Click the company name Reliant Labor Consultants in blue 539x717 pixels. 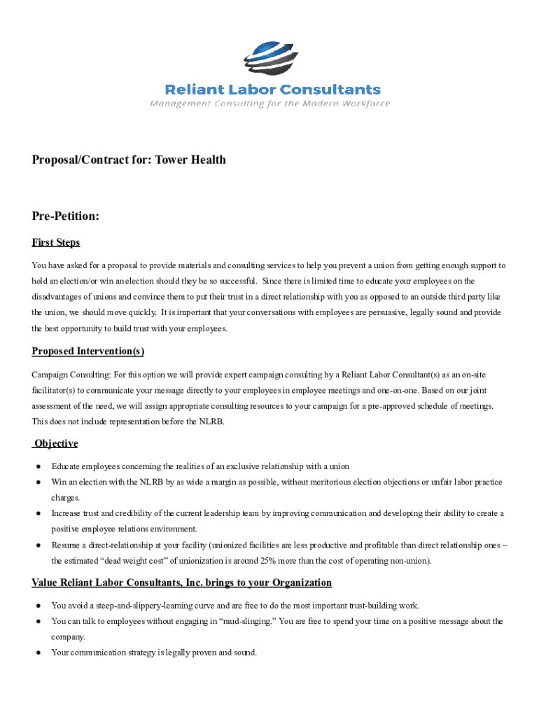tap(272, 90)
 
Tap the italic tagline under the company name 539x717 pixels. tap(270, 104)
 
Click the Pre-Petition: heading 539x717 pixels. tap(65, 217)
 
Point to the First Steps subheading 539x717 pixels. tap(56, 242)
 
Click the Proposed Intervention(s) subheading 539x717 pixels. tap(87, 351)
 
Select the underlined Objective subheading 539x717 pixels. tap(57, 443)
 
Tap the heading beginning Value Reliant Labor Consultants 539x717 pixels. tap(181, 583)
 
